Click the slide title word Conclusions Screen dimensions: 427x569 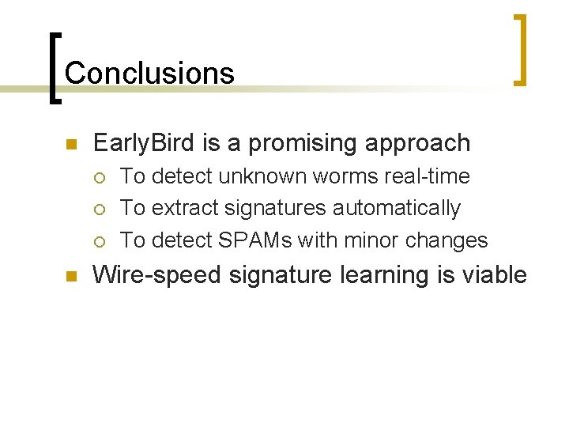(x=149, y=73)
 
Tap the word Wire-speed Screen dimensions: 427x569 (x=155, y=275)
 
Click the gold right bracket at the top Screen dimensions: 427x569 (x=521, y=48)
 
